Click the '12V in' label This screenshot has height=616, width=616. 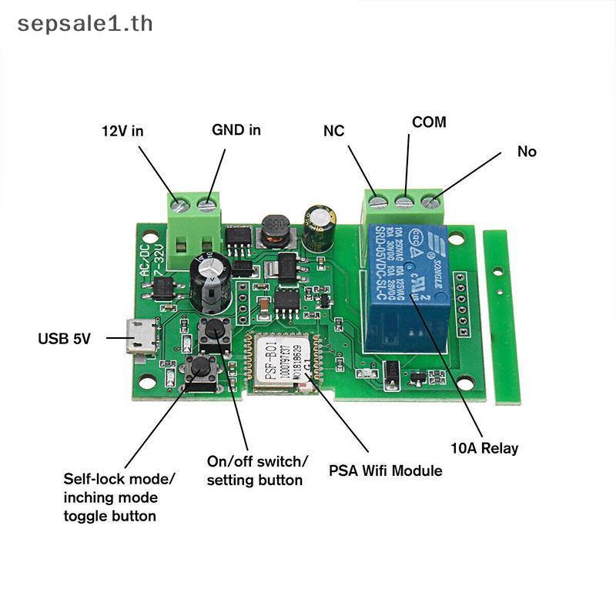point(123,131)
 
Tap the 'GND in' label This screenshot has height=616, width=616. point(236,130)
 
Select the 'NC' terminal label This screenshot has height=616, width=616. point(333,131)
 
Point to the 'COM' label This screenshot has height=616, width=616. point(429,122)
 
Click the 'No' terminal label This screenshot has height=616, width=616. point(527,152)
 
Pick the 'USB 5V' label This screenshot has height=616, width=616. point(65,338)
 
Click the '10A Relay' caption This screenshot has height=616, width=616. point(484,448)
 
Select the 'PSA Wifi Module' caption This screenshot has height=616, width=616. point(386,470)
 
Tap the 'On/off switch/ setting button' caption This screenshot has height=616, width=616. point(257,470)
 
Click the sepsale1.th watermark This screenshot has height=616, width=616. point(85,23)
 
